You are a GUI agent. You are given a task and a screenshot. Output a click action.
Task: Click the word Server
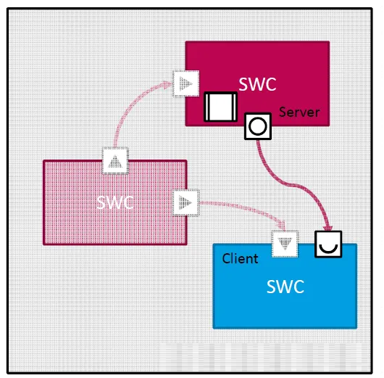(x=299, y=112)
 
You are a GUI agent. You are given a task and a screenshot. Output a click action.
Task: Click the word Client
(x=240, y=258)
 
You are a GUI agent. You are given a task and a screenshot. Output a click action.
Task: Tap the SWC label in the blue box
(x=285, y=287)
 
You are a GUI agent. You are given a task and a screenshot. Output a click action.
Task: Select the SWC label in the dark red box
(x=257, y=84)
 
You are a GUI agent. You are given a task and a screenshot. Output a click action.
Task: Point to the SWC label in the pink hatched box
(x=115, y=202)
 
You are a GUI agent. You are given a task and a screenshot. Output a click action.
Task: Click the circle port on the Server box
(x=258, y=126)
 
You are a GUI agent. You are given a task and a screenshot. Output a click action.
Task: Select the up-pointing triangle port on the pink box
(x=115, y=160)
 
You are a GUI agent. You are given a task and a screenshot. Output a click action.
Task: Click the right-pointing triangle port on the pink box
(x=186, y=202)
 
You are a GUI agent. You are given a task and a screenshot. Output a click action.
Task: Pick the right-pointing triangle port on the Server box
(x=186, y=83)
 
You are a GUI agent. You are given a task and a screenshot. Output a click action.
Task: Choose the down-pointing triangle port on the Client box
(x=285, y=244)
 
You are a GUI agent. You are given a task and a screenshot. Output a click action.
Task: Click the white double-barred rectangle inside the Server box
(x=221, y=107)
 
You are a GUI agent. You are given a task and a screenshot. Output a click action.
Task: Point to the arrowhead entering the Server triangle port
(x=169, y=84)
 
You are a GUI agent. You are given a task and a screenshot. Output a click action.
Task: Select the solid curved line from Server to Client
(x=291, y=184)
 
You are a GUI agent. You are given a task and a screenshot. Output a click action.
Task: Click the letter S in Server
(x=283, y=112)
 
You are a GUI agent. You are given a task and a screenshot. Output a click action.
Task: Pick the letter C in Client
(x=226, y=258)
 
